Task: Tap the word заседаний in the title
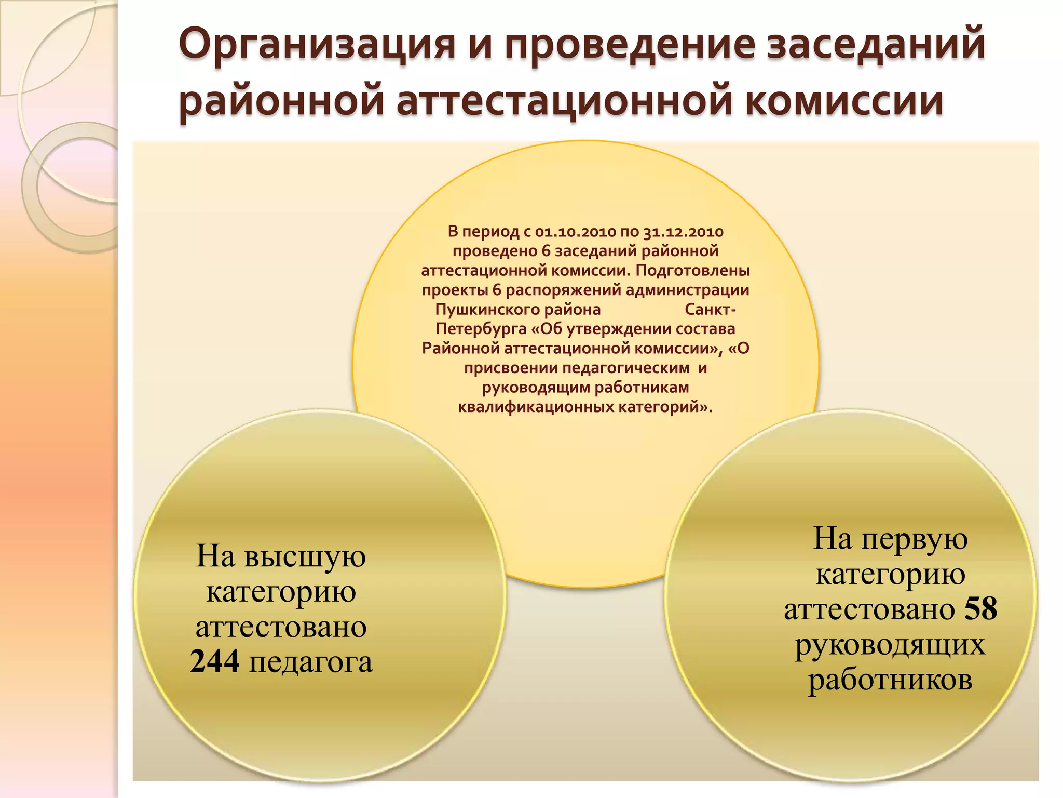(x=875, y=45)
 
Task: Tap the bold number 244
(x=215, y=662)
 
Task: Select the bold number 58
(x=980, y=608)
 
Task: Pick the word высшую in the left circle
(x=305, y=556)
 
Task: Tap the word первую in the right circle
(x=915, y=539)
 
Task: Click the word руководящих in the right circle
(x=890, y=645)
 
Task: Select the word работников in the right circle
(x=890, y=680)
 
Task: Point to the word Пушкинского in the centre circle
(x=517, y=310)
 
